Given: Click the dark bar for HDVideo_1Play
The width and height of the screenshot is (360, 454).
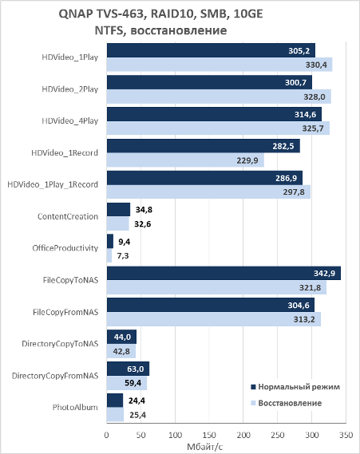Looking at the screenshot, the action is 211,50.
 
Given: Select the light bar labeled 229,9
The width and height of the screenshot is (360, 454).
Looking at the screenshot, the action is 185,160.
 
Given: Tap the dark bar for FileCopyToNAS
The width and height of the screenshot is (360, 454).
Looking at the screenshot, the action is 224,273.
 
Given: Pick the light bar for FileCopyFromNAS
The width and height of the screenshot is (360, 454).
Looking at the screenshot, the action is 214,319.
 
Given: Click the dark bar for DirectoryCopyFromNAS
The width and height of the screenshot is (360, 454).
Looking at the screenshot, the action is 128,369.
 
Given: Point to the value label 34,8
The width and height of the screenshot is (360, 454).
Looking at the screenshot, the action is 144,210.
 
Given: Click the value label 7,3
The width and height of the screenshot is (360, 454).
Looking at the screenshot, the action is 123,255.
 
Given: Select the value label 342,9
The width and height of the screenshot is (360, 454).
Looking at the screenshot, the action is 324,273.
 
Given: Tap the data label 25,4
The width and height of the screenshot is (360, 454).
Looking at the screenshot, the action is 137,415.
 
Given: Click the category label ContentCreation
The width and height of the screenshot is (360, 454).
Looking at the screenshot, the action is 68,216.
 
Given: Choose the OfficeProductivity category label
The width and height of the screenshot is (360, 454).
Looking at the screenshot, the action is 65,248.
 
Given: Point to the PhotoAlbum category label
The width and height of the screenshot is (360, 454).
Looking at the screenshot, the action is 75,408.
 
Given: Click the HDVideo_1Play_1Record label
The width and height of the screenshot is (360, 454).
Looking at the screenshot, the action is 53,185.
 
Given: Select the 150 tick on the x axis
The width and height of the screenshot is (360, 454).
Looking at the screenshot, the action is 209,435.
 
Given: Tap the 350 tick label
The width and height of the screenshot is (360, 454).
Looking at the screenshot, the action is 346,435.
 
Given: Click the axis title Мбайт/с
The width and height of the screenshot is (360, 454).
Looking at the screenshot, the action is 205,447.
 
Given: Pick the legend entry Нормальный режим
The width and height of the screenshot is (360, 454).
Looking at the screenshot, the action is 295,387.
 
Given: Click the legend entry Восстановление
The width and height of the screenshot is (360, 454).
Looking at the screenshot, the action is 286,403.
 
